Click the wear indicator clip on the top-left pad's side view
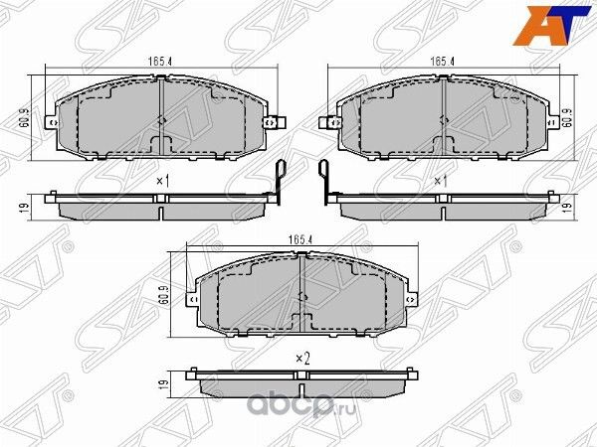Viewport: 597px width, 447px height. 280,179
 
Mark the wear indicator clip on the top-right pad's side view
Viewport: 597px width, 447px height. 325,179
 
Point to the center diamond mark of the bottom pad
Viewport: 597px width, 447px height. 300,297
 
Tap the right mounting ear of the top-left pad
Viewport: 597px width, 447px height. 280,123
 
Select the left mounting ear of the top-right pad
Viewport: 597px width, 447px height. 324,123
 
